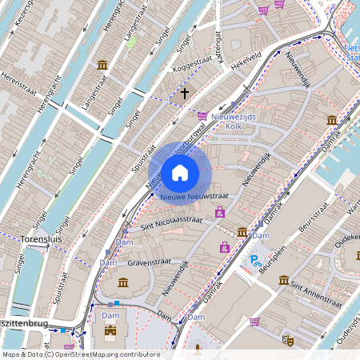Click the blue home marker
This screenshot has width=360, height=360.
point(180,172)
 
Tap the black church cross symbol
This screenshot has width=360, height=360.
point(185,94)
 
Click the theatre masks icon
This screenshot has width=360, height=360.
point(287,340)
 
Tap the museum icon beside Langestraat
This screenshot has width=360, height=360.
point(102,65)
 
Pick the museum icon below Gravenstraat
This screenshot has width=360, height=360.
point(123,282)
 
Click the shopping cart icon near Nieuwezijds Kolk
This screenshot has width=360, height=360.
point(202,115)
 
